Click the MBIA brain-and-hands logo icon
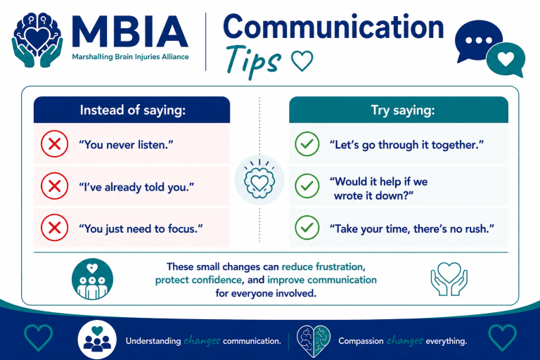(x=37, y=39)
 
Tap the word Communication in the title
(x=333, y=27)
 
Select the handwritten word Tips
(x=253, y=61)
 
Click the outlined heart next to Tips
(x=302, y=60)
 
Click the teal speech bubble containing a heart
(x=506, y=60)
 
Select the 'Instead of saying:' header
(x=133, y=110)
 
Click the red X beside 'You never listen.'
(x=54, y=144)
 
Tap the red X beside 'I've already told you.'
(x=54, y=186)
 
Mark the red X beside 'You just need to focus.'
(x=54, y=228)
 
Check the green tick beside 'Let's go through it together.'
(x=307, y=144)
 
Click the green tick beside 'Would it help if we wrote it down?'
(x=307, y=186)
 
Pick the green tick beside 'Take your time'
(x=307, y=228)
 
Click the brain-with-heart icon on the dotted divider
(x=259, y=180)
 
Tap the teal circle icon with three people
(x=92, y=279)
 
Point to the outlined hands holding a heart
(x=449, y=278)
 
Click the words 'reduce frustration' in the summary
(x=322, y=267)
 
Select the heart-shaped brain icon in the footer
(x=314, y=341)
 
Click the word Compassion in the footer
(x=361, y=341)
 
